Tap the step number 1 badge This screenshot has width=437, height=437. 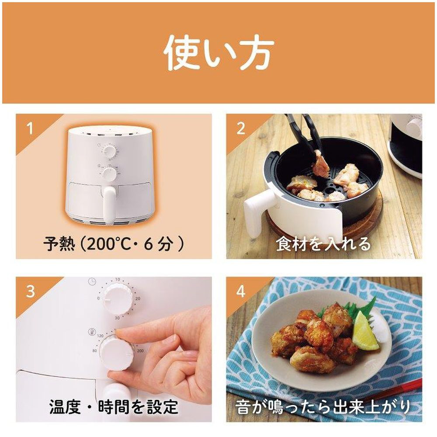pyautogui.click(x=30, y=128)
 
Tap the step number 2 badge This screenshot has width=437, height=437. pyautogui.click(x=241, y=128)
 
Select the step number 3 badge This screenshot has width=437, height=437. pyautogui.click(x=31, y=291)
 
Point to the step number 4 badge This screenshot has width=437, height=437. pyautogui.click(x=241, y=291)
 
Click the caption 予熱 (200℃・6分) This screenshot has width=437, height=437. pyautogui.click(x=114, y=244)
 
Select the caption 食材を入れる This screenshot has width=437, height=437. pyautogui.click(x=323, y=244)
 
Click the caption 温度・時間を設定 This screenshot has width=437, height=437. pyautogui.click(x=114, y=406)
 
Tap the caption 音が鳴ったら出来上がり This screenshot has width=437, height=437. pyautogui.click(x=323, y=406)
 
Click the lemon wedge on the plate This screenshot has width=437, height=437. pyautogui.click(x=364, y=331)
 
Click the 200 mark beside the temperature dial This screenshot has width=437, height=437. pyautogui.click(x=140, y=350)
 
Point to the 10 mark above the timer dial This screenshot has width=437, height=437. pyautogui.click(x=117, y=279)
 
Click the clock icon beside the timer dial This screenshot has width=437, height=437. pyautogui.click(x=92, y=281)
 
